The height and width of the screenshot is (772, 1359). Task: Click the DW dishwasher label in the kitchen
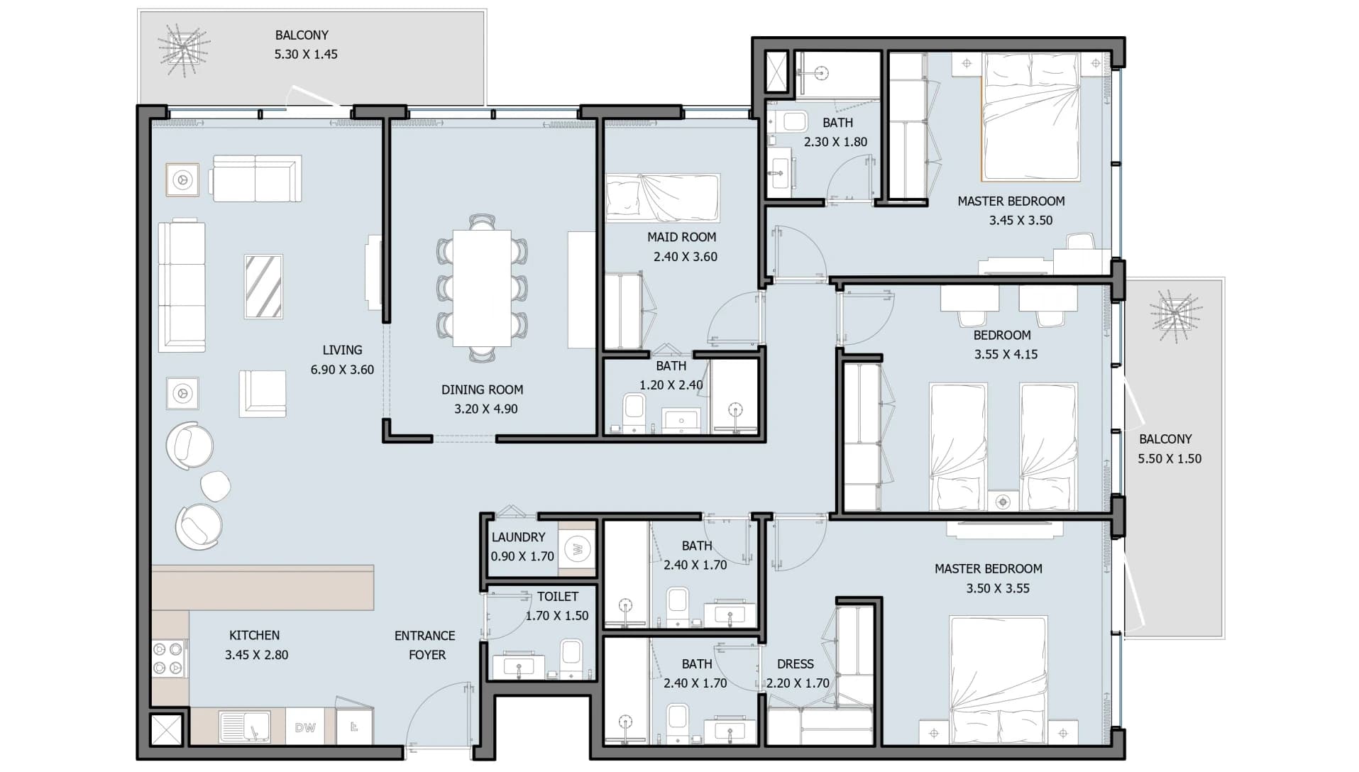click(305, 727)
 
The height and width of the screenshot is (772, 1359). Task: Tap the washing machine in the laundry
click(577, 548)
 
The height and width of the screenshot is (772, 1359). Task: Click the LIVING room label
click(342, 350)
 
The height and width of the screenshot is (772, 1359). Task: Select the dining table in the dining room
click(482, 288)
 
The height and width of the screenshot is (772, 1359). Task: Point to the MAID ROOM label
click(681, 237)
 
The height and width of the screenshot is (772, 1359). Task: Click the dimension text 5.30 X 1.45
click(306, 54)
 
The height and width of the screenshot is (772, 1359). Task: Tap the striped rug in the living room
click(263, 287)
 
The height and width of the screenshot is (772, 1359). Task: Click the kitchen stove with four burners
click(169, 658)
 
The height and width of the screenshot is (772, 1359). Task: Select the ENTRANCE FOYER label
click(425, 645)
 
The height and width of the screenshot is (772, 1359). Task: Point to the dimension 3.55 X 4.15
click(1006, 354)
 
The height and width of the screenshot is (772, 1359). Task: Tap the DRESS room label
click(795, 664)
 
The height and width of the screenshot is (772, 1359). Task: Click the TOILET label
click(557, 597)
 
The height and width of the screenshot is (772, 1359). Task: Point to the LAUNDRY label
click(518, 537)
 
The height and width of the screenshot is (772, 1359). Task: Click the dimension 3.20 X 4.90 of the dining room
click(486, 409)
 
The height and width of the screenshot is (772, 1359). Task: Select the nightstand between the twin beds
click(1003, 502)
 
